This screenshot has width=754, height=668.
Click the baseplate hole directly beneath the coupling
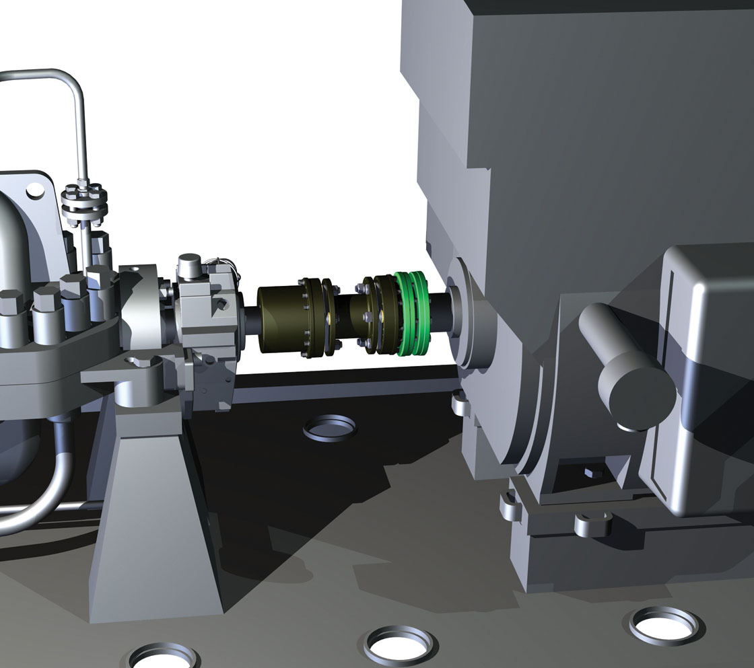point(329,427)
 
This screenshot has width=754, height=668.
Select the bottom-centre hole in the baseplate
point(401,644)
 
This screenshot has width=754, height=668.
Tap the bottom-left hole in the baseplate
point(164,657)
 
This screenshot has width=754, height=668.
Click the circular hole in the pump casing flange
point(31,191)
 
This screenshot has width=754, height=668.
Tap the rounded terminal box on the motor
point(707,377)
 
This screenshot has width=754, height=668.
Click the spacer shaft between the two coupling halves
point(351,315)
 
